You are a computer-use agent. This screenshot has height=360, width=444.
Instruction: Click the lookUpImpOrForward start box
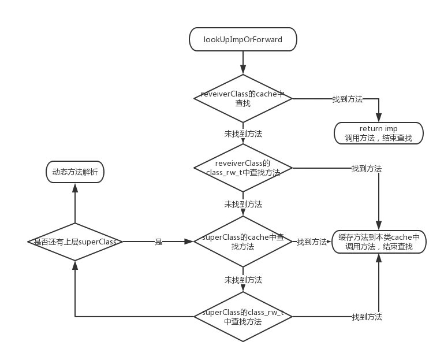242,40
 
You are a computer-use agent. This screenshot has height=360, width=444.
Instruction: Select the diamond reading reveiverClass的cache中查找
242,99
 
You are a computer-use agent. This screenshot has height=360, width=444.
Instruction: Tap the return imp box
379,133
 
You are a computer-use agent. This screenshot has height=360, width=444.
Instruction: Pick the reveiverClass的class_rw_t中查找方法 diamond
242,168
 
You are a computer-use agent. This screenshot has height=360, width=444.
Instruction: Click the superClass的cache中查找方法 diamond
242,242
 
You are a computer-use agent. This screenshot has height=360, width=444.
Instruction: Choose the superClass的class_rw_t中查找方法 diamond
242,317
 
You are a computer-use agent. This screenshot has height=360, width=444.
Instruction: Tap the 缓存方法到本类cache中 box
379,242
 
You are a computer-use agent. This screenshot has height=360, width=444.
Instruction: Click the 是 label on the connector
158,242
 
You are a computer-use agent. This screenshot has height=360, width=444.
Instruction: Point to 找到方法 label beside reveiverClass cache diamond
348,99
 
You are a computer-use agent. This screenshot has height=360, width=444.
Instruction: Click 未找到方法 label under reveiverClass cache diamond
243,133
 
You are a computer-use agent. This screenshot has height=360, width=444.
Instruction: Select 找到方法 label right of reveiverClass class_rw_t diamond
367,168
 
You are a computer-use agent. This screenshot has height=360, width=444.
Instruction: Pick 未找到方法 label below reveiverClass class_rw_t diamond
243,205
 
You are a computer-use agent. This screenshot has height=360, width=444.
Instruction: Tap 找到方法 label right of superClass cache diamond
312,242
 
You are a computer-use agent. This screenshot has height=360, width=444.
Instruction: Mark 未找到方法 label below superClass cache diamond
243,280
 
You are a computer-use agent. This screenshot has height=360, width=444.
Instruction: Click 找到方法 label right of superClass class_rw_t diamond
367,317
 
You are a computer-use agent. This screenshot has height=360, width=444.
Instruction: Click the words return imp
379,128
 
